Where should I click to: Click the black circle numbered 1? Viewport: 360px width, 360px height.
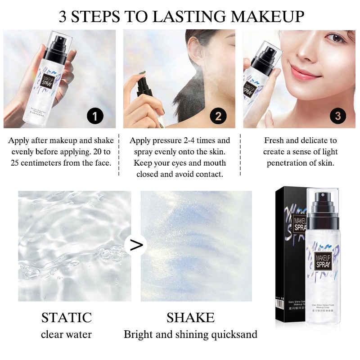[x=95, y=117]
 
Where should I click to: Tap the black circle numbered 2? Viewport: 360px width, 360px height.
[x=218, y=117]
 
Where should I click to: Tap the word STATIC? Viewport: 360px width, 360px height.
[x=66, y=318]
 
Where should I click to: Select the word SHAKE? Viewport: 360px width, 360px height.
[x=190, y=318]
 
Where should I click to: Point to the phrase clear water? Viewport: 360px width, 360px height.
[x=66, y=334]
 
